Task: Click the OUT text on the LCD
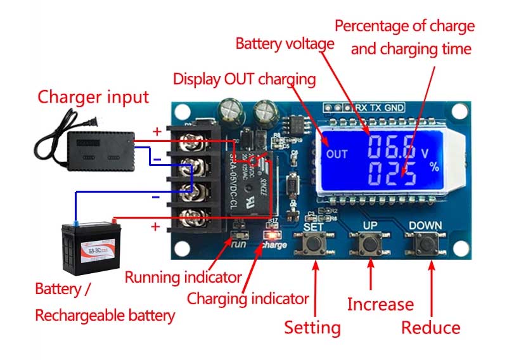(337, 154)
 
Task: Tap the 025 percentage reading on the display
(392, 172)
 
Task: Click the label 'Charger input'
(93, 97)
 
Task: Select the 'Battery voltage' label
(285, 44)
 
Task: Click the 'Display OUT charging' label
(244, 79)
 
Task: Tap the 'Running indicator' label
(183, 277)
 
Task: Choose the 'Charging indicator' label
(248, 298)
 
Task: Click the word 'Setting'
(312, 328)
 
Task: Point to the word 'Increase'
(380, 304)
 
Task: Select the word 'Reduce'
(431, 328)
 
